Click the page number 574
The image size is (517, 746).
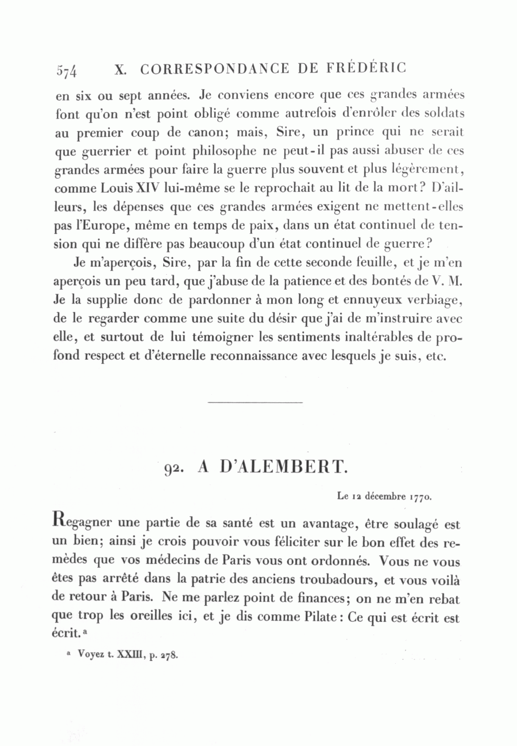pyautogui.click(x=67, y=71)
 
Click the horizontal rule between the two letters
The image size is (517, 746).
pyautogui.click(x=254, y=402)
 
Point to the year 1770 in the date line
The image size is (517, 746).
pyautogui.click(x=421, y=495)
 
